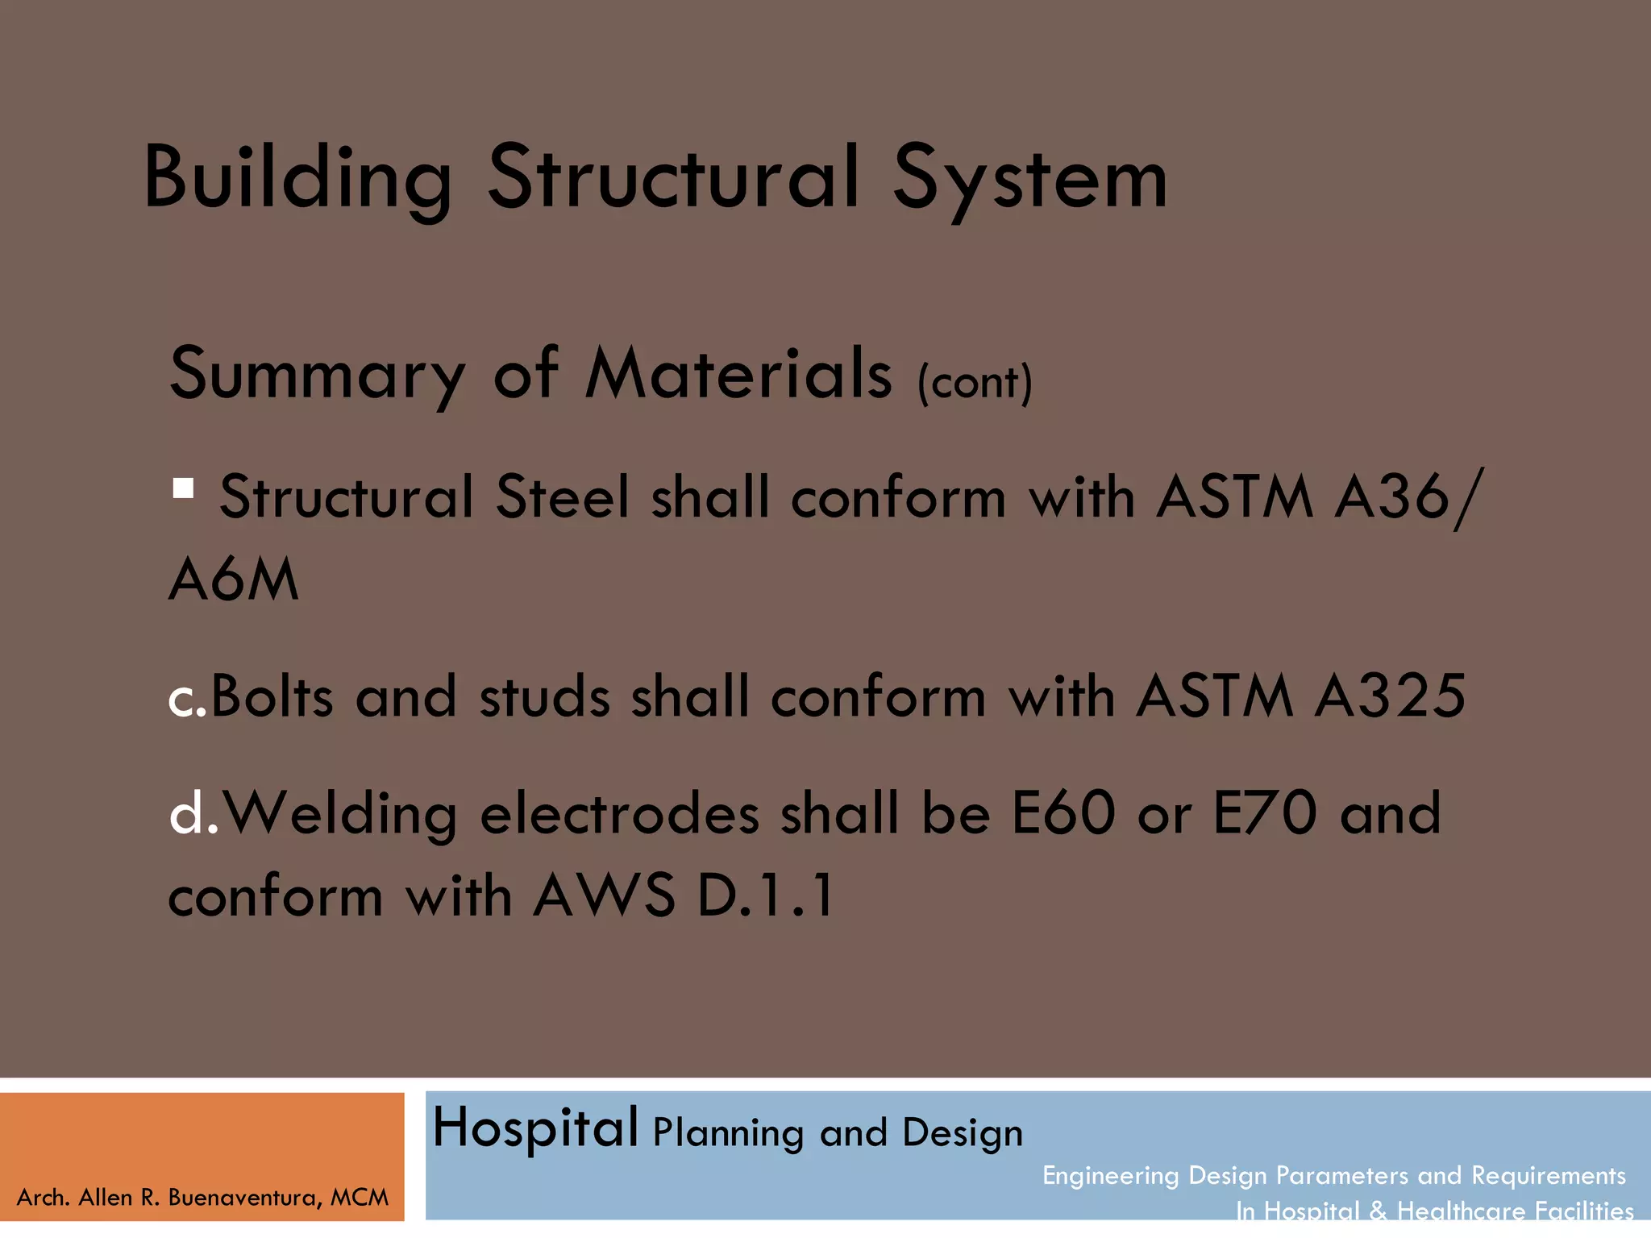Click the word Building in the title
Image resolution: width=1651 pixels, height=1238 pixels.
click(297, 179)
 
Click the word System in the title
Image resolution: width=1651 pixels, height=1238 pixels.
click(1029, 179)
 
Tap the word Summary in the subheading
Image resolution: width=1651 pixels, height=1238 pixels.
click(318, 374)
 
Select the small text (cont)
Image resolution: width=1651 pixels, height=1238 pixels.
click(975, 382)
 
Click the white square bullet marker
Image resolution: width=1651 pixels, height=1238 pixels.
click(183, 488)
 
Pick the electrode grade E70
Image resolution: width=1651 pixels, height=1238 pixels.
click(1264, 812)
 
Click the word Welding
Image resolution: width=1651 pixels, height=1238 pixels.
click(340, 814)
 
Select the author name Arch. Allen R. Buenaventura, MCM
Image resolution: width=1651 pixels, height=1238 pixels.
click(202, 1198)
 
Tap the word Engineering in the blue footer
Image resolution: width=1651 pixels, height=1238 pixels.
click(1111, 1176)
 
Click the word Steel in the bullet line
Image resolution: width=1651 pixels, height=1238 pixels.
click(562, 496)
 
